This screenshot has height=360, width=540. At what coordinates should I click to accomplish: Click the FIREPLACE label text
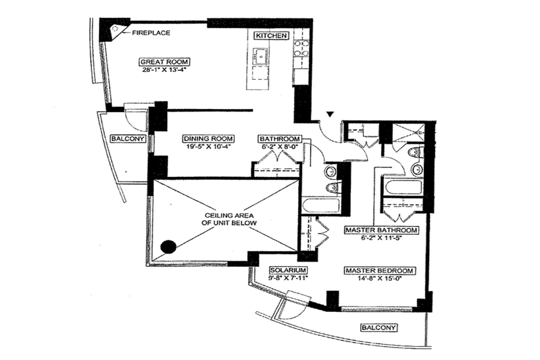(x=151, y=33)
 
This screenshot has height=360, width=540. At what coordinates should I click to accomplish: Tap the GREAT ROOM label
(x=165, y=62)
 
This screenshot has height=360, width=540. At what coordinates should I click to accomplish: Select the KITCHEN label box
(x=271, y=36)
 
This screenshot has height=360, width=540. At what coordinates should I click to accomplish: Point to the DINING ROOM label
(x=208, y=139)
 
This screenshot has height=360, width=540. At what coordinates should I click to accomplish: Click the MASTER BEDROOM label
(x=379, y=271)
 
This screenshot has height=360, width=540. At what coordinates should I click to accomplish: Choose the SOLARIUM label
(x=288, y=270)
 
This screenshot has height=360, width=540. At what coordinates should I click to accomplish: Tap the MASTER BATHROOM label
(x=381, y=230)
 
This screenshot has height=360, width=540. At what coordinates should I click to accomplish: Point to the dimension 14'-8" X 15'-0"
(x=379, y=278)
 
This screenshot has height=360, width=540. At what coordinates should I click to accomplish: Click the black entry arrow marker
(x=330, y=114)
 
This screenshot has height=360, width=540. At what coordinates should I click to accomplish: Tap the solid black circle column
(x=168, y=247)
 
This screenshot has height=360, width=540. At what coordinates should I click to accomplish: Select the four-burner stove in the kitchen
(x=301, y=48)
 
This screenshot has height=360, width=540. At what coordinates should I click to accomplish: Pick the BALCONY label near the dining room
(x=128, y=139)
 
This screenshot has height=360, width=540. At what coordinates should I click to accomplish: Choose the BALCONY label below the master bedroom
(x=379, y=327)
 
